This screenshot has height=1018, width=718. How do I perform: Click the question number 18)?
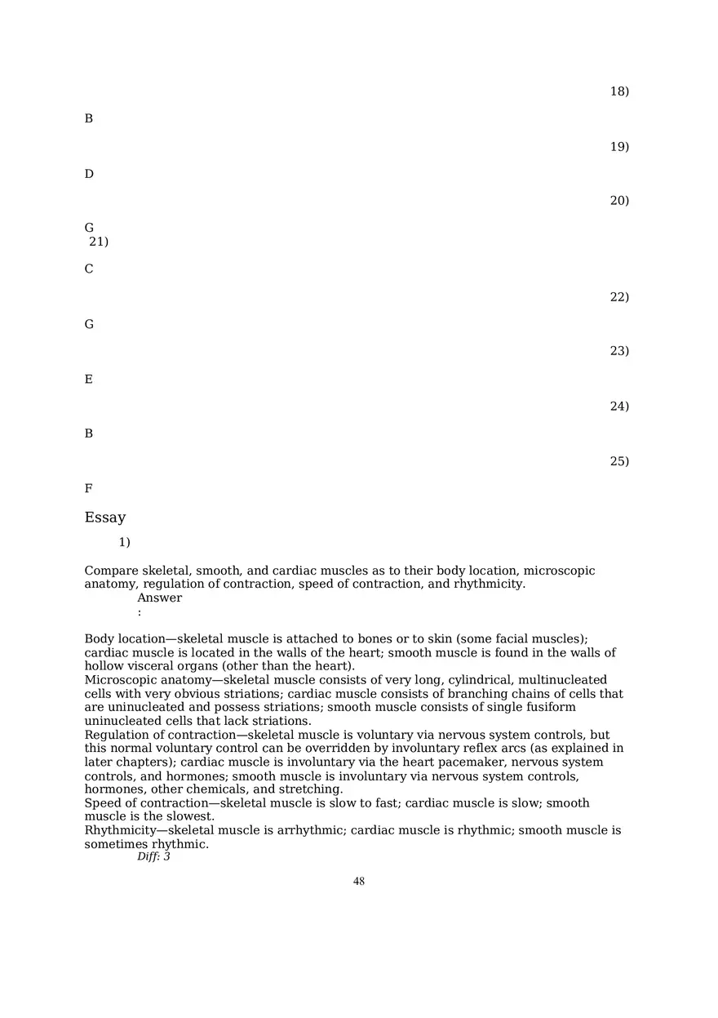click(x=619, y=91)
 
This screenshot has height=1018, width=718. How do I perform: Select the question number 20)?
click(x=619, y=201)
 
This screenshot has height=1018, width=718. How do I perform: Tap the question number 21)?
click(x=99, y=242)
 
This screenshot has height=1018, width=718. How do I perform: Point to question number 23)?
click(x=619, y=351)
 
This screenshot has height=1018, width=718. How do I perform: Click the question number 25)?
click(x=619, y=461)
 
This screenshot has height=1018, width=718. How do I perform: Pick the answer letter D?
click(x=89, y=174)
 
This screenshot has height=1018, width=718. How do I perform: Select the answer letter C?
click(x=89, y=269)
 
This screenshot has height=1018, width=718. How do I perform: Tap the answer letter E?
click(x=89, y=380)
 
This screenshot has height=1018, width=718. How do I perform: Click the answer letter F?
click(x=88, y=489)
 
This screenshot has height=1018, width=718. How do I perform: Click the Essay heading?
click(x=105, y=518)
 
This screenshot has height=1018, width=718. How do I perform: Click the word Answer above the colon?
click(x=159, y=598)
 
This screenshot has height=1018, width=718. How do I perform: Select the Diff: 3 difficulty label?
click(x=153, y=856)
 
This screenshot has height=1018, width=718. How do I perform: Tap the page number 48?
click(x=359, y=881)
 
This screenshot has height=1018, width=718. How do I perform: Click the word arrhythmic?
click(x=305, y=830)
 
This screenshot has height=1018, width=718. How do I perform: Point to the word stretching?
click(x=311, y=789)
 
